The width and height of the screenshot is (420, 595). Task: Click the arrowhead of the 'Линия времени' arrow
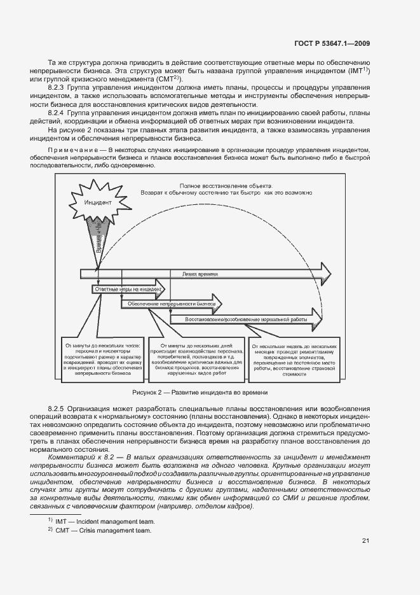coord(325,274)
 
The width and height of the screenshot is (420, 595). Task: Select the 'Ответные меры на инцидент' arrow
coord(127,289)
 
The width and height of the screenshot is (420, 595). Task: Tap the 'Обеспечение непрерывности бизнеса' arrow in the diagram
coord(172,304)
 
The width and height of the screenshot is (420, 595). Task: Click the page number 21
coord(365,541)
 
